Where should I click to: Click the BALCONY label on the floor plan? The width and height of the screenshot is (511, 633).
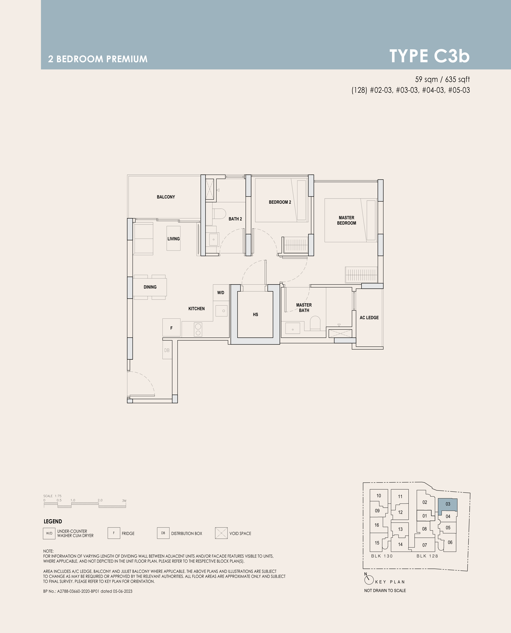(x=166, y=197)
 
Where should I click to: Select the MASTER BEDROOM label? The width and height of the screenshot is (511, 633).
(x=346, y=220)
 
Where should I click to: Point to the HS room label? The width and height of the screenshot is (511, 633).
(x=255, y=315)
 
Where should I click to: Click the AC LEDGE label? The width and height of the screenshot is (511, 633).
(x=369, y=318)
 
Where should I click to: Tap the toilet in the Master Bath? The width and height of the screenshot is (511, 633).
(x=315, y=323)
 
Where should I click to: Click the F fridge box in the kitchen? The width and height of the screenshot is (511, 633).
(x=171, y=327)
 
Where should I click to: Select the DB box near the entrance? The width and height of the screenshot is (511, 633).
(x=167, y=350)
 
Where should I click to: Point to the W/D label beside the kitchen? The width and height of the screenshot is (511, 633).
(x=221, y=293)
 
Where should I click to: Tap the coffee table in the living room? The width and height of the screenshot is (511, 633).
(x=173, y=238)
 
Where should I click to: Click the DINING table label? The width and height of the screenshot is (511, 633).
(x=150, y=287)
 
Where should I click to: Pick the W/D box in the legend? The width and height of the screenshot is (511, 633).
(x=49, y=533)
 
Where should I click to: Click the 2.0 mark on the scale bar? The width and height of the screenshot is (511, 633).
(x=100, y=500)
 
